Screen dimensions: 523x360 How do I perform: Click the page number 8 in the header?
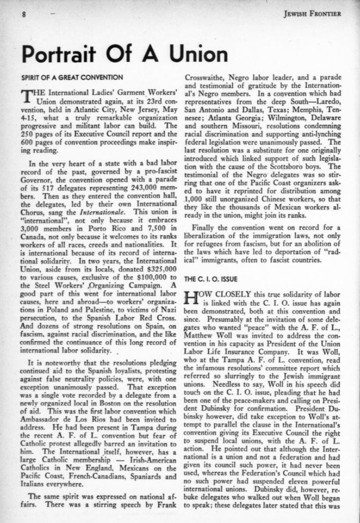[x=23, y=14]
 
